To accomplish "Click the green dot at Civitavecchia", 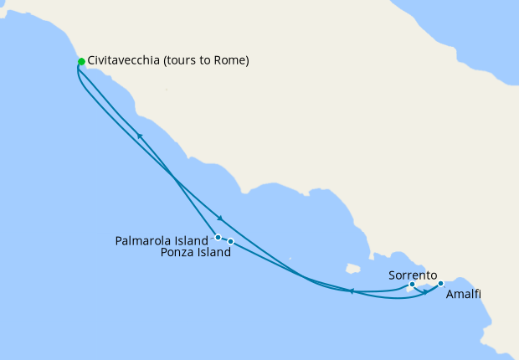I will [x=81, y=61].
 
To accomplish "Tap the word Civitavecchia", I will [x=125, y=61].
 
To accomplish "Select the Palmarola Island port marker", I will [x=218, y=237].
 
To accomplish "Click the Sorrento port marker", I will [x=412, y=285].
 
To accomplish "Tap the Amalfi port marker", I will [x=440, y=284].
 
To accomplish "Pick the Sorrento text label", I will [x=413, y=274].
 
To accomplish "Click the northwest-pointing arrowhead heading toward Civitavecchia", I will [x=140, y=135].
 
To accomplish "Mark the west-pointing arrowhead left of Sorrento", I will [x=352, y=291].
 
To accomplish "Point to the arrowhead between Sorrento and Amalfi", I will [x=425, y=291].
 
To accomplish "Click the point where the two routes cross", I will [x=172, y=179].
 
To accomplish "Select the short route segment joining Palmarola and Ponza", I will [x=224, y=239].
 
